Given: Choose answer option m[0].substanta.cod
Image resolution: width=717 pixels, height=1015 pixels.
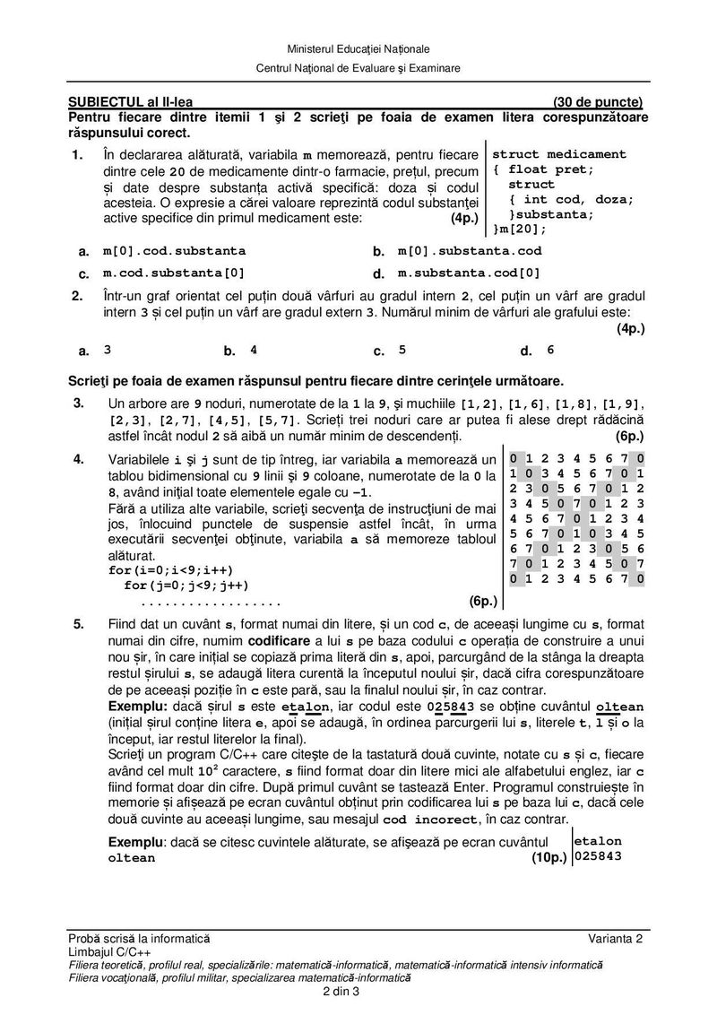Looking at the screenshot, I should click(470, 252).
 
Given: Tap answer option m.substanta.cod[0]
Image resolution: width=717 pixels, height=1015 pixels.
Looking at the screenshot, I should click(470, 273).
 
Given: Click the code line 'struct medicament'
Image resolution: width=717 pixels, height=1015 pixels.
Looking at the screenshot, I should click(559, 154).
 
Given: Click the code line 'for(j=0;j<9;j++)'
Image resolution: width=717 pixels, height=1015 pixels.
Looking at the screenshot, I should click(175, 586).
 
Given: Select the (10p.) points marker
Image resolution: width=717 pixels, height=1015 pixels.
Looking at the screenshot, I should click(549, 858).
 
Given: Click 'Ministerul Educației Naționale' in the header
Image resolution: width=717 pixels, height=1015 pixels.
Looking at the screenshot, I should click(358, 48).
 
